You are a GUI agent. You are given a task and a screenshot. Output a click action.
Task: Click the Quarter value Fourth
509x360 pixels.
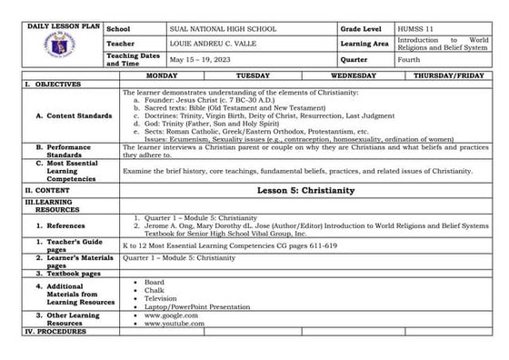pyautogui.click(x=409, y=58)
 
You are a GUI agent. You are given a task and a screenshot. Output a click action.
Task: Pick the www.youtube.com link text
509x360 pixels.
pyautogui.click(x=168, y=323)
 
